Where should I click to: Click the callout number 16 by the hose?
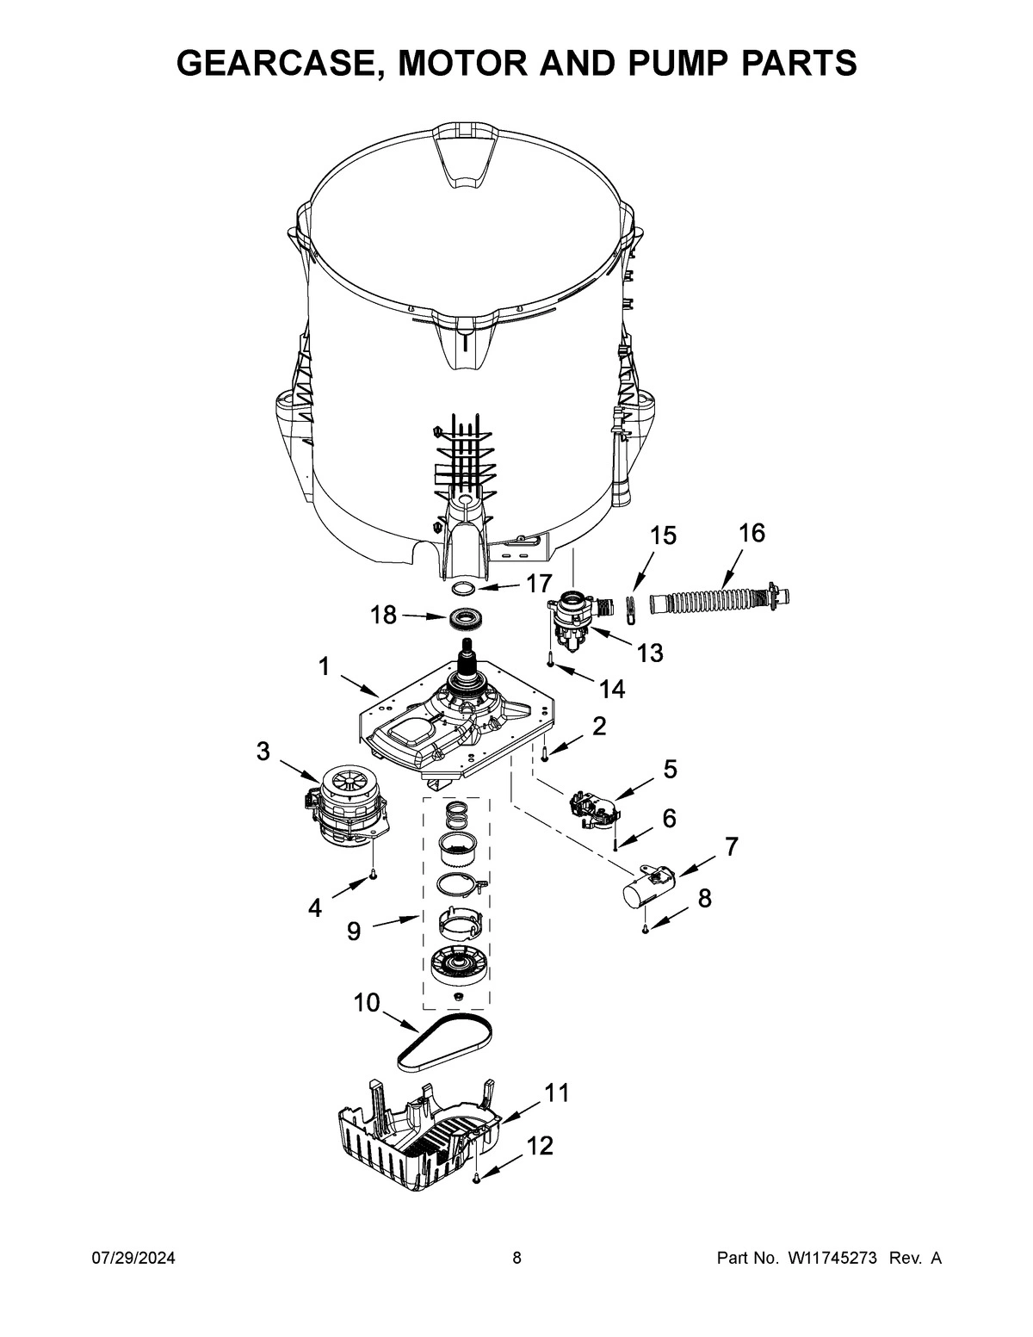tap(751, 533)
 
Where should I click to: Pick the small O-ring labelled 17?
tap(464, 588)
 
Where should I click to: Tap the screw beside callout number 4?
tap(372, 875)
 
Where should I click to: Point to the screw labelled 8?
tap(645, 929)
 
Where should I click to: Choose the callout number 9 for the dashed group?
tap(354, 932)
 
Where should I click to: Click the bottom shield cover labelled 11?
tap(413, 1129)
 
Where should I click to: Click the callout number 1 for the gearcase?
tap(324, 667)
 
